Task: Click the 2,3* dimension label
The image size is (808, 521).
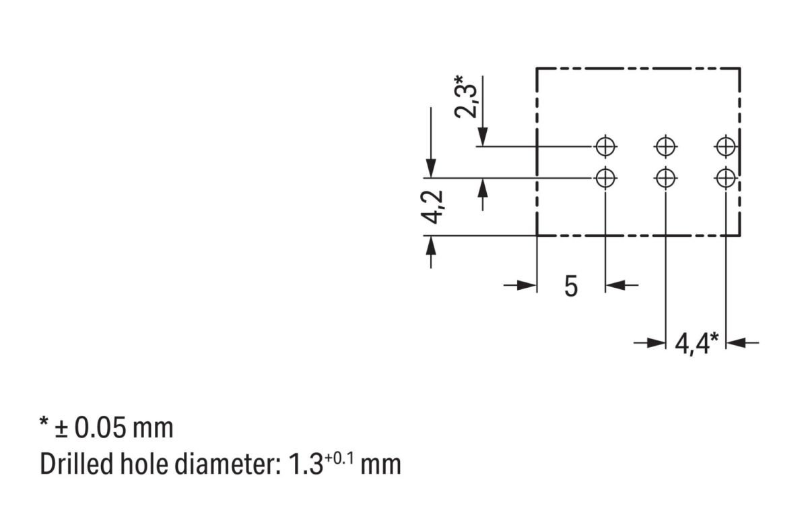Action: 467,97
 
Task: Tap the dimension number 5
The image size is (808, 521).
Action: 571,286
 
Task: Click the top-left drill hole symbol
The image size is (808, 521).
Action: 605,146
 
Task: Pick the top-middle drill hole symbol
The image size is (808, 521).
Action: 665,146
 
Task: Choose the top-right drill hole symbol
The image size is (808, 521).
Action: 725,146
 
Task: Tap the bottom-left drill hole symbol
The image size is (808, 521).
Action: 605,178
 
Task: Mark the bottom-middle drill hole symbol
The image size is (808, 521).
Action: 665,178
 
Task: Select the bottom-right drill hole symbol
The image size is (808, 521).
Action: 725,178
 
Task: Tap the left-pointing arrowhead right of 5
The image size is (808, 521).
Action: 615,286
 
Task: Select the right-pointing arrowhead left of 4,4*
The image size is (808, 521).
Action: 655,343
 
